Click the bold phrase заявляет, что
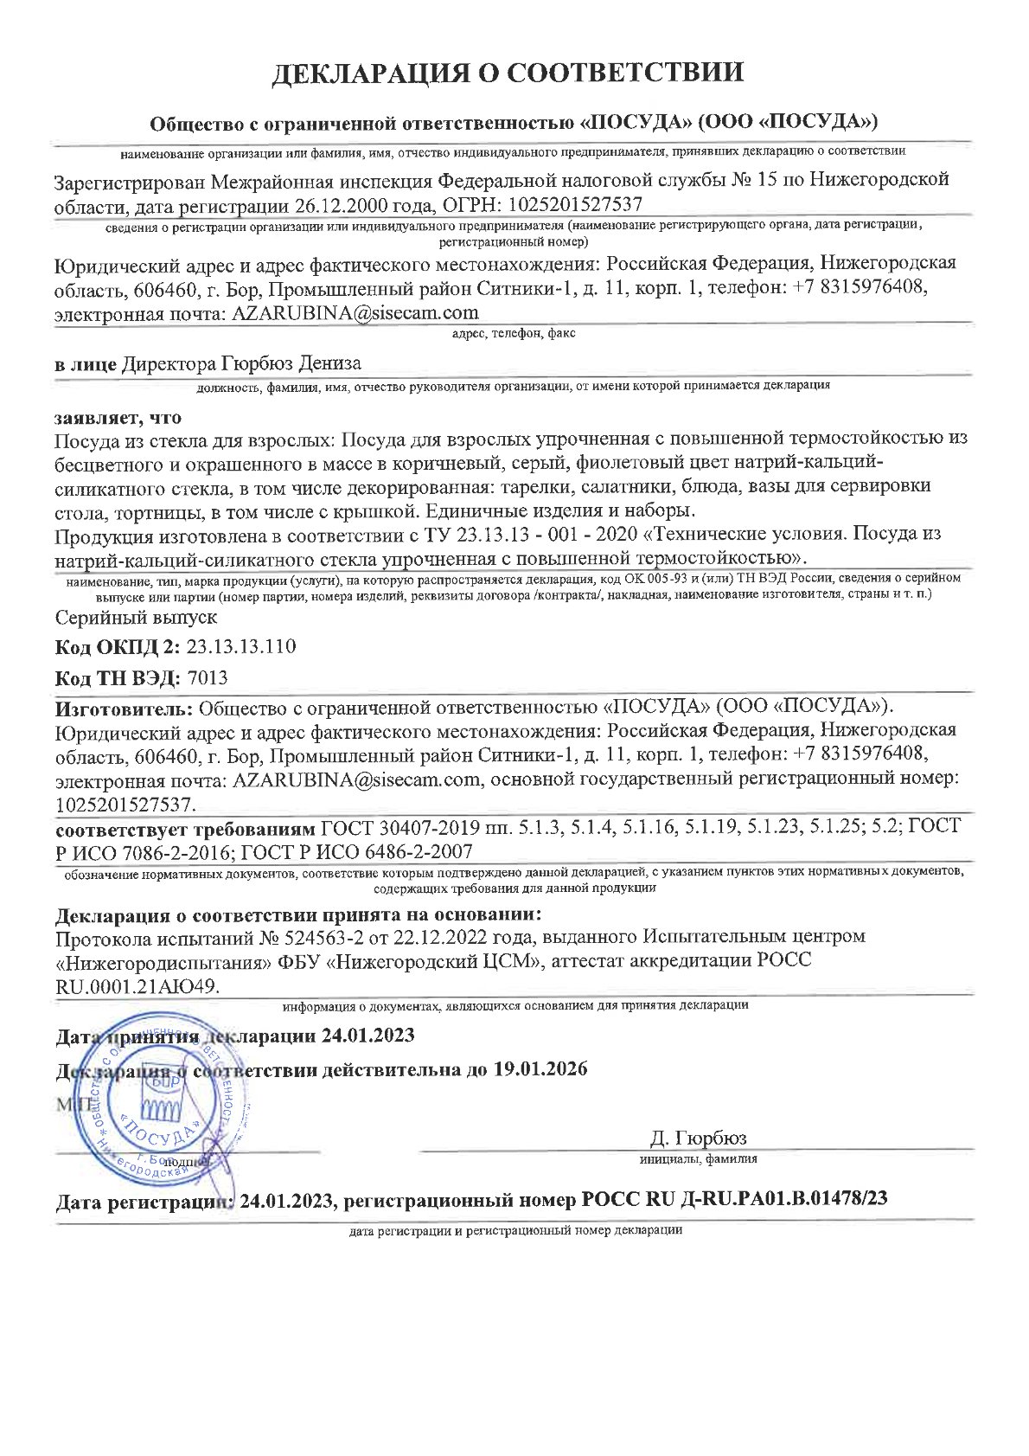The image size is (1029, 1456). (x=118, y=418)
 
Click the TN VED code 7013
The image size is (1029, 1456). (x=207, y=678)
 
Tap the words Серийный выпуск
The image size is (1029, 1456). (x=136, y=618)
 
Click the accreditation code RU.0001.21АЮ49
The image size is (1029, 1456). (x=137, y=985)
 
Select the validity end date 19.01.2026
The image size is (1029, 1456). (x=540, y=1069)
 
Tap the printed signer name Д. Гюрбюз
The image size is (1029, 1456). (x=698, y=1138)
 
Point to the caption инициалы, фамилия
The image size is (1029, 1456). (x=699, y=1159)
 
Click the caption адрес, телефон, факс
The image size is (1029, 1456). (x=514, y=333)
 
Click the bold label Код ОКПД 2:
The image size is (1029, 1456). (x=118, y=647)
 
